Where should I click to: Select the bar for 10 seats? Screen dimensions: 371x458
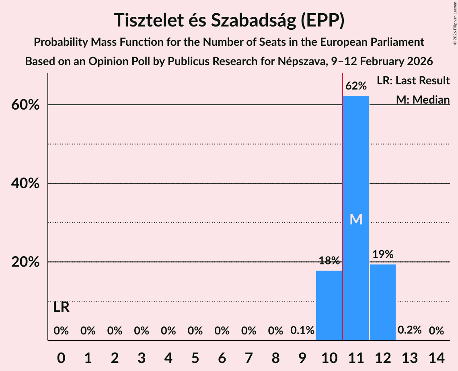point(329,305)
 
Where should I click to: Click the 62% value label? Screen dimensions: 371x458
point(356,86)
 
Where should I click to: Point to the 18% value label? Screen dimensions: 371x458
point(329,261)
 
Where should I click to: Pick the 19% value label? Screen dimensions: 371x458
point(383,254)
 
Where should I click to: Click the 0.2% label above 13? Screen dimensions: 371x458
point(409,330)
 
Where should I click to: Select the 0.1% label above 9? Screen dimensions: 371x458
point(302,330)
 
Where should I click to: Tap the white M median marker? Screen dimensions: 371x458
point(356,219)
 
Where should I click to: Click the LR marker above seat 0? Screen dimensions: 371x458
point(61,308)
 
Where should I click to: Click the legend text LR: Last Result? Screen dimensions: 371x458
point(413,81)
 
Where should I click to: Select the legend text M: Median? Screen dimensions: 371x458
point(423,100)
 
